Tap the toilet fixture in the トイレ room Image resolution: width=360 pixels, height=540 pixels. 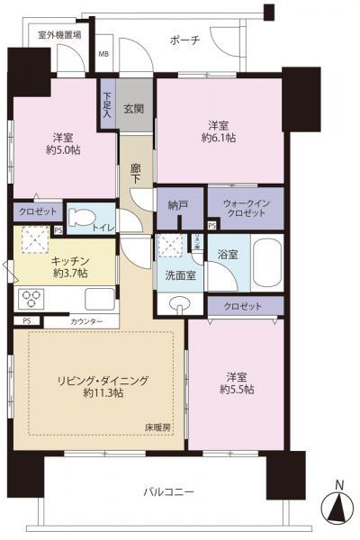pyautogui.click(x=81, y=217)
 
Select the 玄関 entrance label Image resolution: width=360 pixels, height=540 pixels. pyautogui.click(x=136, y=108)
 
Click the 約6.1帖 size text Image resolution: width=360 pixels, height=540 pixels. pyautogui.click(x=219, y=139)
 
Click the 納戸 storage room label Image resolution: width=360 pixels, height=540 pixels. pyautogui.click(x=179, y=206)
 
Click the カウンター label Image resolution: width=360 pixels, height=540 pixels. pyautogui.click(x=85, y=321)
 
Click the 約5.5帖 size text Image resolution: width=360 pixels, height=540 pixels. pyautogui.click(x=235, y=389)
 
